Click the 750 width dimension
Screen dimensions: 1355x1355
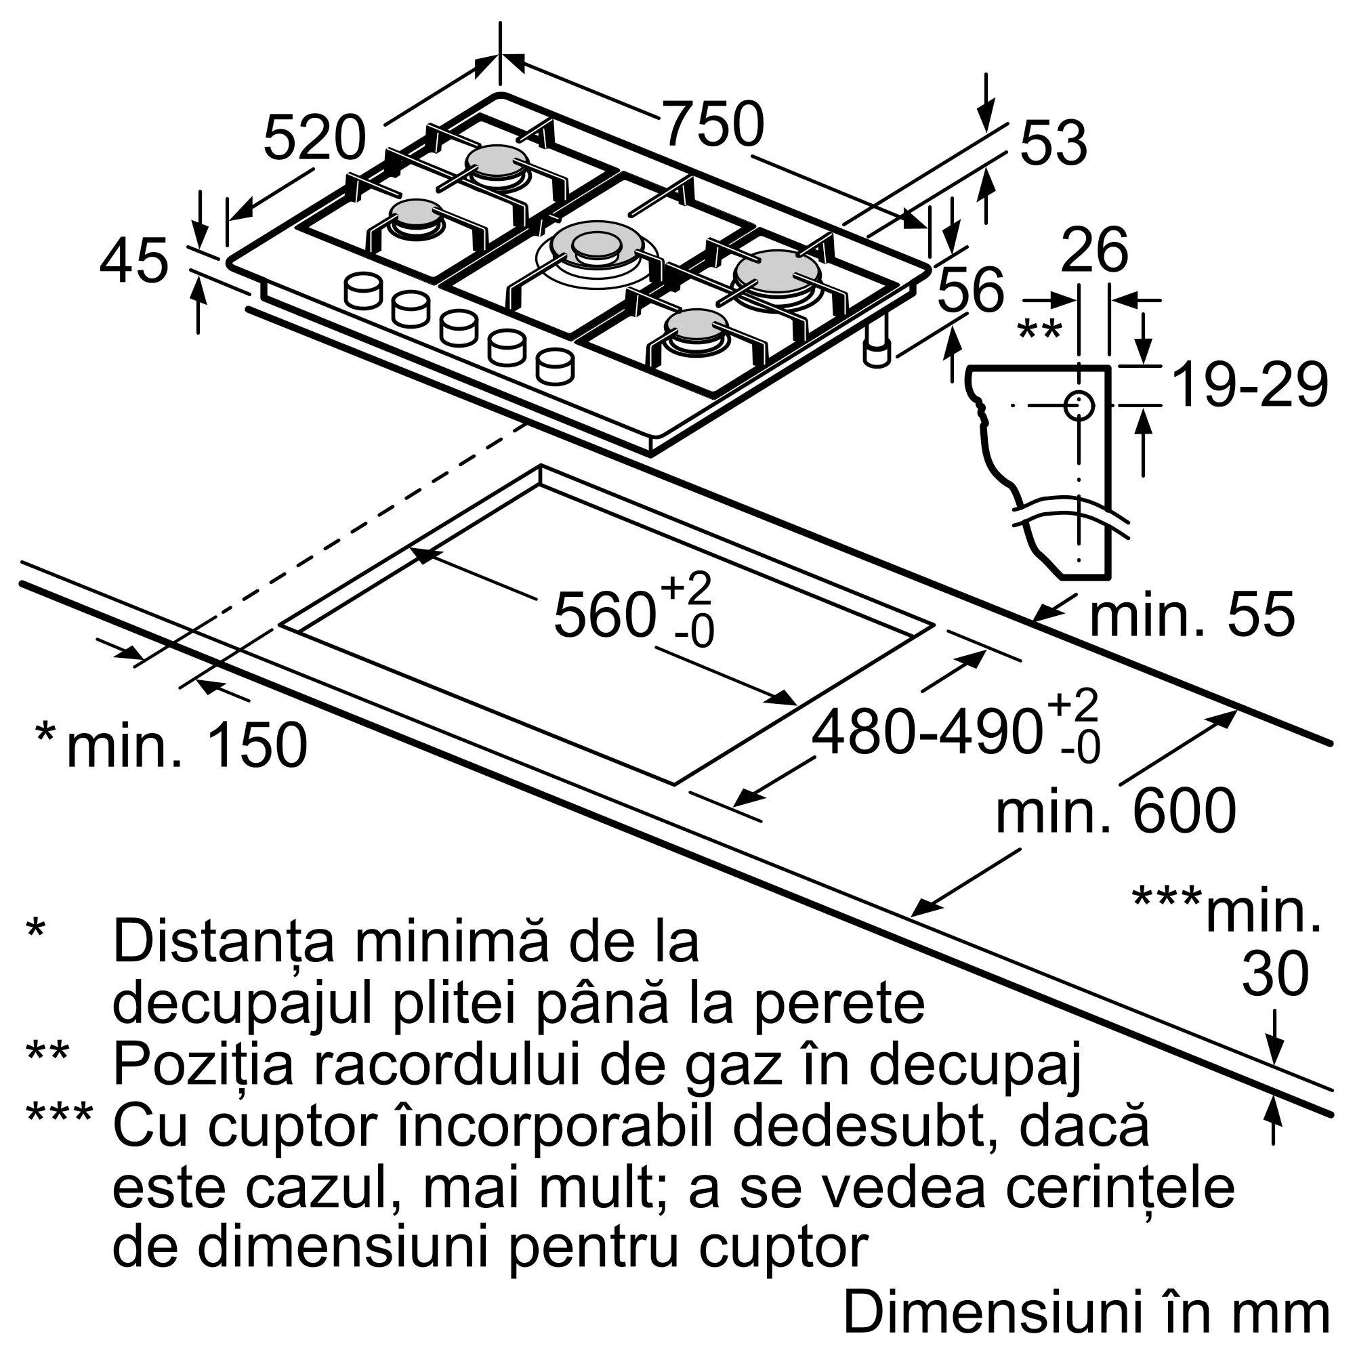[712, 125]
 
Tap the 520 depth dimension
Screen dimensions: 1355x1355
[314, 138]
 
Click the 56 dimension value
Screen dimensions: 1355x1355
[971, 290]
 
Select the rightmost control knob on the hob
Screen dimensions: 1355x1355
[555, 367]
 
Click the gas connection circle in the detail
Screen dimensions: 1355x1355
[1079, 404]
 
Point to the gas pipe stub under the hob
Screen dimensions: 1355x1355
[877, 341]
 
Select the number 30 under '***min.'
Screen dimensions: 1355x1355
[1276, 976]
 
